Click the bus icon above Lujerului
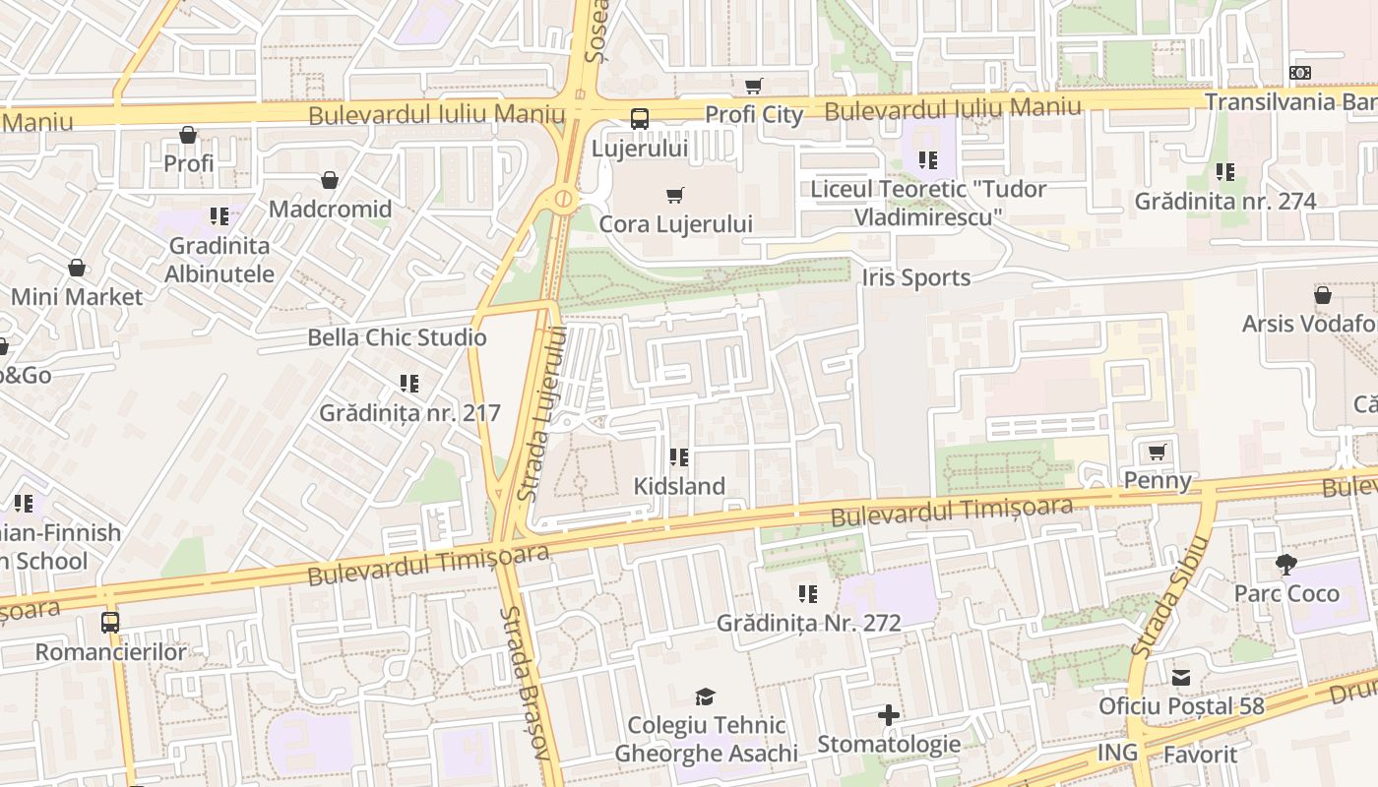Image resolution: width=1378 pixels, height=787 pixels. (639, 119)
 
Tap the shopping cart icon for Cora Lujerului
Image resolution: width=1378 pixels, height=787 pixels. (674, 195)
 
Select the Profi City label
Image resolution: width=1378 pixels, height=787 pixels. (754, 114)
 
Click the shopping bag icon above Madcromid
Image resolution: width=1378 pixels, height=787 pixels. (330, 180)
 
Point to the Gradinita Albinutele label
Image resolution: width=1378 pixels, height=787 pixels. (219, 260)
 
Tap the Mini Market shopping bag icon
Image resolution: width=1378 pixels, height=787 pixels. (77, 268)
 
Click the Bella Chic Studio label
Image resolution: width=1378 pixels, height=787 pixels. (397, 337)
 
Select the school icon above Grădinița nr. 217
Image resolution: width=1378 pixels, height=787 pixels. (409, 384)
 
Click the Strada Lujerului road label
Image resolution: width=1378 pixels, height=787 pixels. (544, 413)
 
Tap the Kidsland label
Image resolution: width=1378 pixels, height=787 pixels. (679, 486)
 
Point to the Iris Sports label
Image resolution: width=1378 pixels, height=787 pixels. (916, 277)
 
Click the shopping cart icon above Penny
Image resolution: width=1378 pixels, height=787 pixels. (1158, 452)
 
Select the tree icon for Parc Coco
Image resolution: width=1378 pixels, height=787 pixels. (1285, 565)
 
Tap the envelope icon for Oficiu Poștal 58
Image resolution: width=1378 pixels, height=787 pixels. (1180, 677)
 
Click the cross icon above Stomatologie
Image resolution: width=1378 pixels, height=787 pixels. (888, 715)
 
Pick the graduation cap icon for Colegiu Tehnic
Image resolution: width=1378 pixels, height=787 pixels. (705, 696)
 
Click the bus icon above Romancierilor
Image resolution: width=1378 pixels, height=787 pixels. (110, 622)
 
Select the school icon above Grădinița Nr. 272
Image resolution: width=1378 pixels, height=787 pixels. (808, 593)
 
